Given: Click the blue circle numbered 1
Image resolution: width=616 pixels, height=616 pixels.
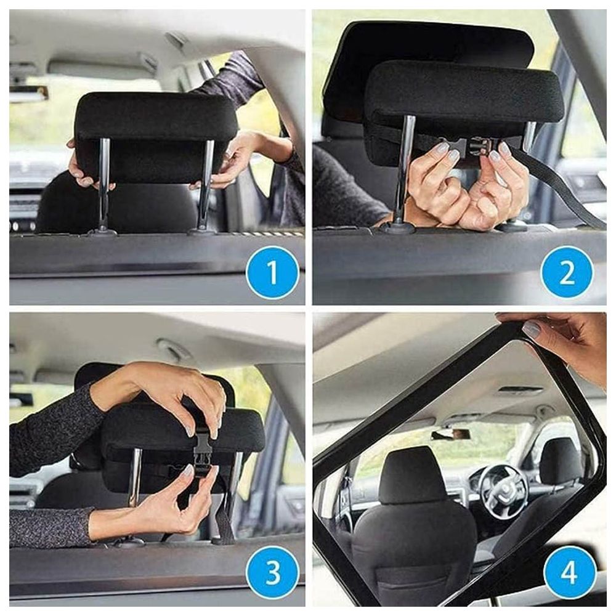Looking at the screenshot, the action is point(272,273).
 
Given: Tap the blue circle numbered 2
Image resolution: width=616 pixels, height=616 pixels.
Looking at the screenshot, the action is point(566,273).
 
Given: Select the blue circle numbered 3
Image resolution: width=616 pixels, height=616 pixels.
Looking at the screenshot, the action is point(272,572).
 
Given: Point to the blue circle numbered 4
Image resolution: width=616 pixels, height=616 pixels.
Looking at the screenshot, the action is point(569,572).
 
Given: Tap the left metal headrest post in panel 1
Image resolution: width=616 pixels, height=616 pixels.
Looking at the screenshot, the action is point(103,185).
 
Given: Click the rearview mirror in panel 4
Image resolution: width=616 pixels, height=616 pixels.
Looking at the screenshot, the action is point(451,434).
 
